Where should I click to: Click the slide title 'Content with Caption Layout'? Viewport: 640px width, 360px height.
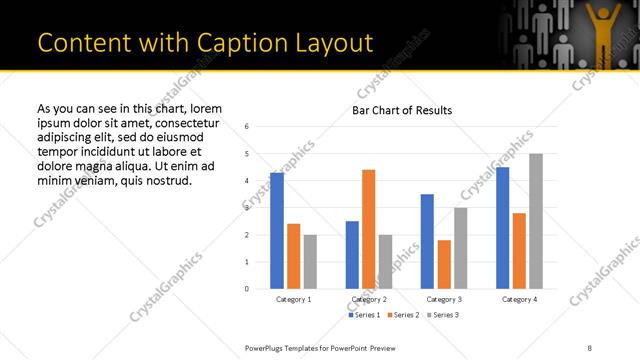205,43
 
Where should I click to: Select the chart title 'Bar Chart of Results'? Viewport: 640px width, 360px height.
402,110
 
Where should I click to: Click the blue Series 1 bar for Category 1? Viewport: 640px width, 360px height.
277,231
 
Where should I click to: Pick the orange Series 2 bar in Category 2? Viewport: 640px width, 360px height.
369,229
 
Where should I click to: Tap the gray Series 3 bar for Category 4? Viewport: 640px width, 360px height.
536,221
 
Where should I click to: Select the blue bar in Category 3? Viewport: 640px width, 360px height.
427,241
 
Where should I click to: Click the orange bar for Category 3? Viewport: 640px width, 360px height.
444,264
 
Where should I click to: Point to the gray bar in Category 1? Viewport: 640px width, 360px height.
310,261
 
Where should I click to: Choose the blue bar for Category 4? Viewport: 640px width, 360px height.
502,228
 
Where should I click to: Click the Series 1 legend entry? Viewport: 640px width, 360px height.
365,315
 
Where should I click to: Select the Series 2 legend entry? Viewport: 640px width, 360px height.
401,315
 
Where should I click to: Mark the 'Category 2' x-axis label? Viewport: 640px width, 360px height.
369,299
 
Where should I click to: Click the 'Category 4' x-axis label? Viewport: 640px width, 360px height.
519,299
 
